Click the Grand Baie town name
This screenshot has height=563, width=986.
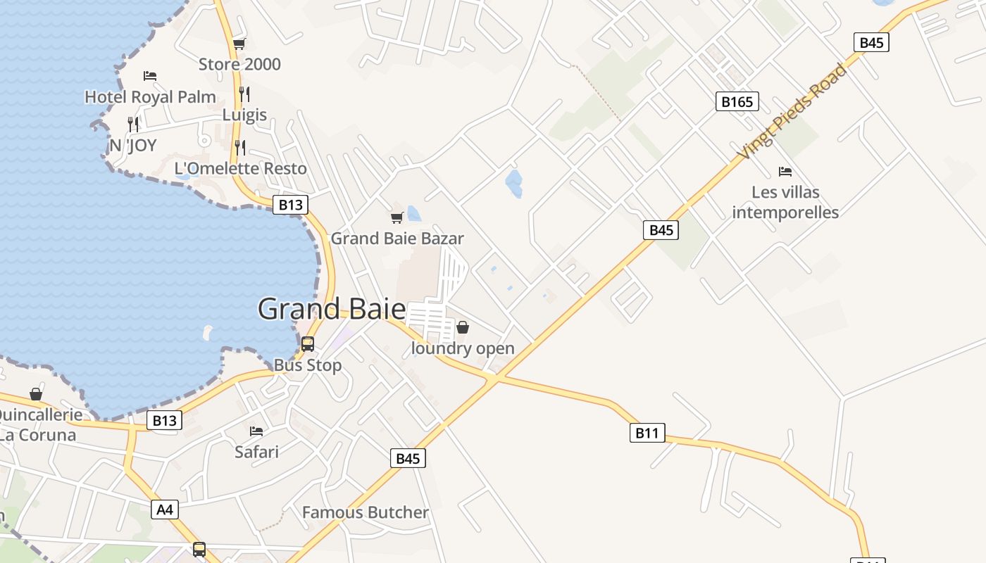click(332, 310)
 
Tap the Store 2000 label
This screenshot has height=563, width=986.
click(239, 64)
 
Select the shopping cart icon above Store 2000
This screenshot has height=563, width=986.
click(239, 44)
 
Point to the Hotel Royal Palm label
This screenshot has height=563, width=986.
click(150, 96)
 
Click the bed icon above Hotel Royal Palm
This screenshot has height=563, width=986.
click(149, 76)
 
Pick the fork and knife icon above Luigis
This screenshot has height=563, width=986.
click(244, 94)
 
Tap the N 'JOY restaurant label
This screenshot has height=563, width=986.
click(132, 146)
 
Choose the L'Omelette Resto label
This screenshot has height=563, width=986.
click(240, 168)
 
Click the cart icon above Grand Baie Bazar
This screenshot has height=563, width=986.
click(397, 217)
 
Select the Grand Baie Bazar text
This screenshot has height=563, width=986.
click(397, 238)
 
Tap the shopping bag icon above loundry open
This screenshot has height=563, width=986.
click(463, 327)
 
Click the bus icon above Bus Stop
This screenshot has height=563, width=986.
click(308, 344)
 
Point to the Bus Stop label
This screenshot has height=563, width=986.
click(308, 365)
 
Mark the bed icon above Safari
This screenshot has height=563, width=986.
click(256, 431)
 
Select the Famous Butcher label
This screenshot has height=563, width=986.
click(365, 512)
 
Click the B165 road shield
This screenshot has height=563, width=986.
click(737, 102)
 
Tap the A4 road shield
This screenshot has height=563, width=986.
click(164, 509)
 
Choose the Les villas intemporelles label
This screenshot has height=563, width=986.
click(785, 202)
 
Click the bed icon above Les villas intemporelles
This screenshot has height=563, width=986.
click(785, 171)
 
